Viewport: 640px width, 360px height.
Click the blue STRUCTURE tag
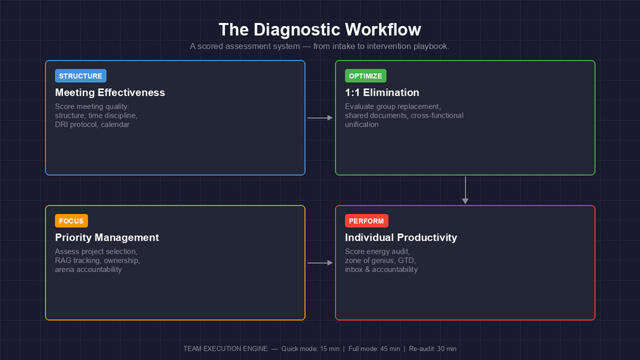[x=80, y=76]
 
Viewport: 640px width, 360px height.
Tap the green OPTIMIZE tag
[x=366, y=76]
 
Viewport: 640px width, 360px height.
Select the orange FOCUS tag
[x=71, y=221]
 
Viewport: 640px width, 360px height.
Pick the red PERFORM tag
[x=366, y=221]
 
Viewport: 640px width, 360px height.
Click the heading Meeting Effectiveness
[x=110, y=92]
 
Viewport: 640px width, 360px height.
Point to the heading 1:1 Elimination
[x=382, y=92]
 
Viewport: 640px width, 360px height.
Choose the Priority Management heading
[x=107, y=238]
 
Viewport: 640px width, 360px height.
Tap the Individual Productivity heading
[x=401, y=238]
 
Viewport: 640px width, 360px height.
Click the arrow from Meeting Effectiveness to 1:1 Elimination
[x=320, y=118]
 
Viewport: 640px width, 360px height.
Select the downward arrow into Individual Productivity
[x=466, y=190]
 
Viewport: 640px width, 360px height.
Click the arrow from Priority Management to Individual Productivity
[x=320, y=263]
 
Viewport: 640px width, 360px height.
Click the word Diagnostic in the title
[x=298, y=30]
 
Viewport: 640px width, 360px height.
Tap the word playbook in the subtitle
[x=431, y=47]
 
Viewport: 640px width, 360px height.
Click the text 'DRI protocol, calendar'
[x=92, y=124]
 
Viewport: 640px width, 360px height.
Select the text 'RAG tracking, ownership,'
[x=97, y=261]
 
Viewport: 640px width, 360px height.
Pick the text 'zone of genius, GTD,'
[x=381, y=261]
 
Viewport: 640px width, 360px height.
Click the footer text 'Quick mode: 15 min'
[x=311, y=349]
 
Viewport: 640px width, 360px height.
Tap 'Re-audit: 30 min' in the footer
[x=432, y=349]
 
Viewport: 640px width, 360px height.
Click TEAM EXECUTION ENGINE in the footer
[x=225, y=349]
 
